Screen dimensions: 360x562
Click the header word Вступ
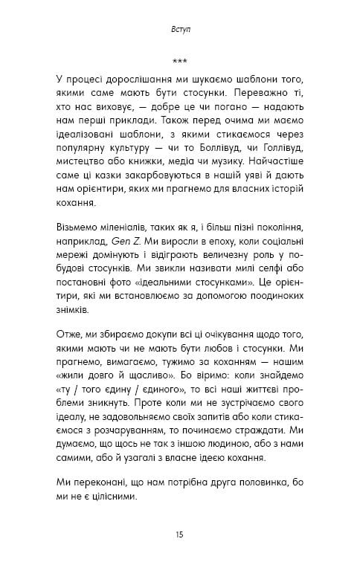180,31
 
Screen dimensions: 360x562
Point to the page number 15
180,534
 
